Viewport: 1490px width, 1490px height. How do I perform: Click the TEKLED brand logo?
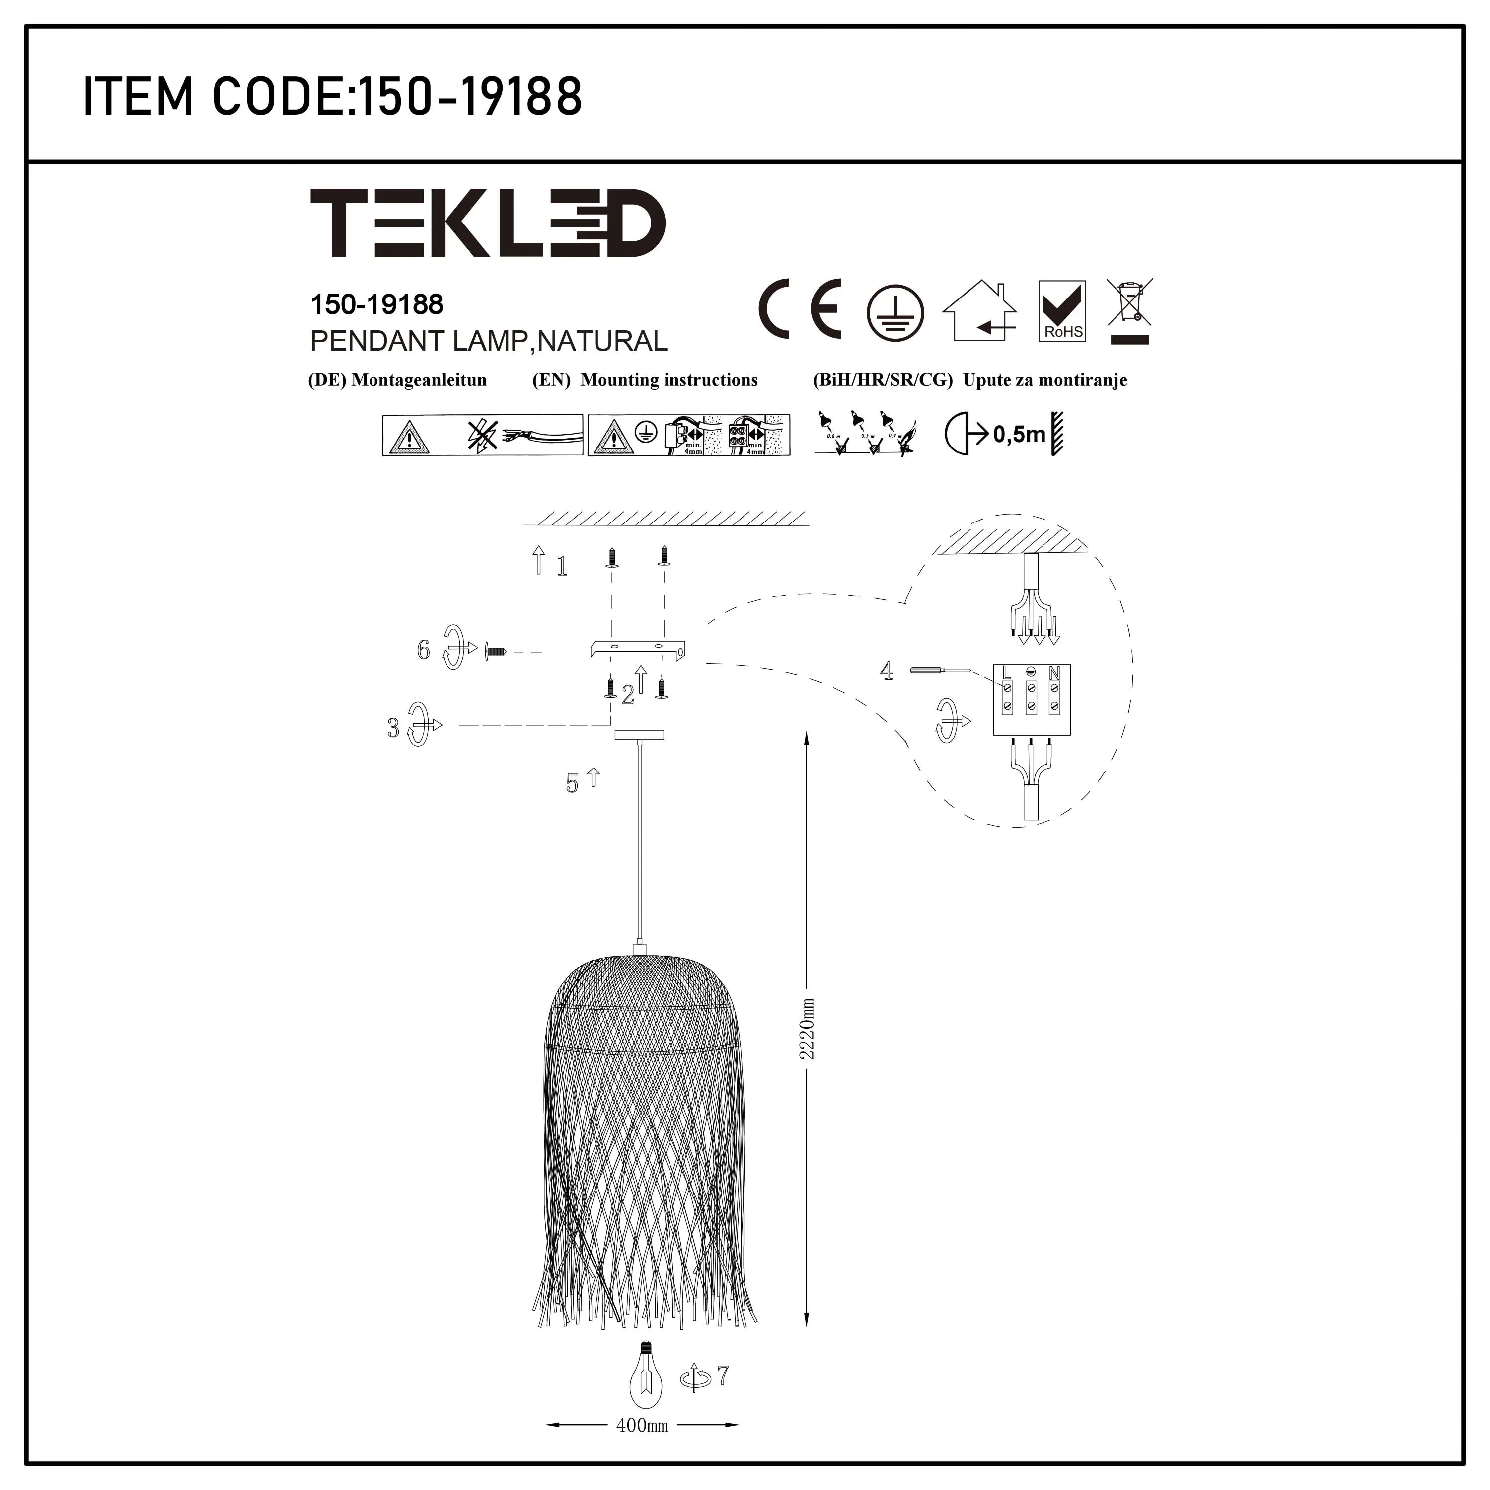(487, 223)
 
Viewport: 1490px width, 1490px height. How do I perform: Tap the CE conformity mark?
(800, 310)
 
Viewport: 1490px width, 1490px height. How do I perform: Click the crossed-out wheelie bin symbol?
(1130, 310)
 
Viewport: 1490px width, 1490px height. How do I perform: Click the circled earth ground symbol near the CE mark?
(894, 312)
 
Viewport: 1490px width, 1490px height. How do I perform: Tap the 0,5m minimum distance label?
(1019, 435)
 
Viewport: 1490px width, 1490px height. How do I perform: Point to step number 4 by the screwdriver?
(887, 671)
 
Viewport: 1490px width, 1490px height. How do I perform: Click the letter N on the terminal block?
(1054, 672)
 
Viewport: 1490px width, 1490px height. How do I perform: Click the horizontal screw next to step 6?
(494, 652)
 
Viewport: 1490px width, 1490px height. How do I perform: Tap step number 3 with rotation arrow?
(394, 727)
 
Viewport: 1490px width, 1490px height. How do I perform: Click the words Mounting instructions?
(669, 380)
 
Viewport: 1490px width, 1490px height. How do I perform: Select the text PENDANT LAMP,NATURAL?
(488, 341)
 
